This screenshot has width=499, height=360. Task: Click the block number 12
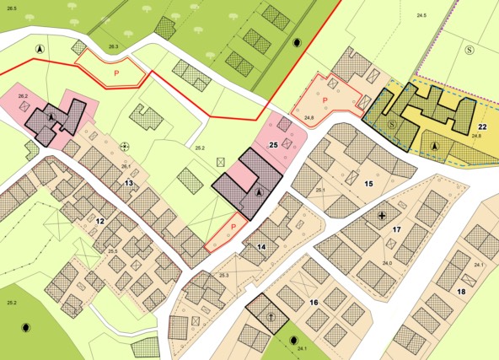click(99, 221)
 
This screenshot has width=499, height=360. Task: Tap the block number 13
click(129, 183)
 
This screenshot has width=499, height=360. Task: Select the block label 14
click(261, 246)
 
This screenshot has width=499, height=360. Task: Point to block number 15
click(368, 183)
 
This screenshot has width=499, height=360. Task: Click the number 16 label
click(313, 302)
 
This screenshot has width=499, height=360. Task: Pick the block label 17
click(397, 229)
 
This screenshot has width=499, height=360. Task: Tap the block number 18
click(461, 292)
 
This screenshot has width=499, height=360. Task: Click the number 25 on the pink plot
click(273, 146)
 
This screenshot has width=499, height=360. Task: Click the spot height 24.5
click(421, 16)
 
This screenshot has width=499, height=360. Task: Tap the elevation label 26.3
click(113, 46)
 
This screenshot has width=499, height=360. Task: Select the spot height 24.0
click(388, 264)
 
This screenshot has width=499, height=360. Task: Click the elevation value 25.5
click(112, 251)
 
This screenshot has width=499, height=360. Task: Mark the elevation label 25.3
click(224, 276)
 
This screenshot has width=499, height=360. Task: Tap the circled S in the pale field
click(469, 49)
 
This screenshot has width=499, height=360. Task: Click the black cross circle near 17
click(383, 216)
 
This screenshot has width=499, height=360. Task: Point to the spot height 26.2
click(23, 97)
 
